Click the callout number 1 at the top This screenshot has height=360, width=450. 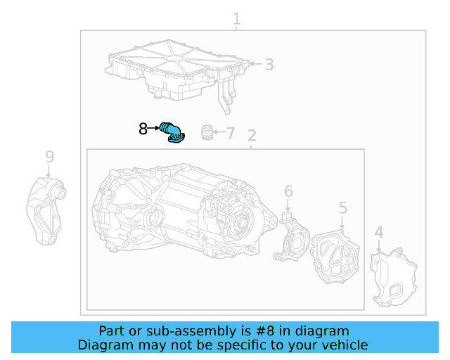pyautogui.click(x=236, y=19)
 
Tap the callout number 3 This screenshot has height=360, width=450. pyautogui.click(x=269, y=65)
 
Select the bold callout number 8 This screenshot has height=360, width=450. pyautogui.click(x=143, y=129)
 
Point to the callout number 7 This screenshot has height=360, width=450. pyautogui.click(x=231, y=133)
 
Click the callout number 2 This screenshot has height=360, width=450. pyautogui.click(x=252, y=136)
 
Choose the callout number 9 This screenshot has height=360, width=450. pyautogui.click(x=50, y=157)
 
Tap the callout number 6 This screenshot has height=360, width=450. pyautogui.click(x=288, y=191)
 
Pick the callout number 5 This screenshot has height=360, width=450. pyautogui.click(x=343, y=208)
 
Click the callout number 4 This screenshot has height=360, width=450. pyautogui.click(x=379, y=232)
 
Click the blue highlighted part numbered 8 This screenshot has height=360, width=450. pyautogui.click(x=173, y=133)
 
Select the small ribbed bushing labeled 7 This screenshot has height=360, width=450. pyautogui.click(x=207, y=133)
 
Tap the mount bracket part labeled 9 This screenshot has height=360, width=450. pyautogui.click(x=46, y=212)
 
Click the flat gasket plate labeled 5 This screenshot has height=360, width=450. pyautogui.click(x=335, y=257)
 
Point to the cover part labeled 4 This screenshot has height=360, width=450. pyautogui.click(x=393, y=278)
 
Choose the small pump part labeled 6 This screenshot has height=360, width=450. pyautogui.click(x=291, y=237)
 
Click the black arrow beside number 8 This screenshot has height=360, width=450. pyautogui.click(x=153, y=128)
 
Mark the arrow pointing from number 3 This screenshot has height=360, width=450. pyautogui.click(x=256, y=63)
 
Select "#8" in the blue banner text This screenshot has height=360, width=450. pyautogui.click(x=265, y=331)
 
